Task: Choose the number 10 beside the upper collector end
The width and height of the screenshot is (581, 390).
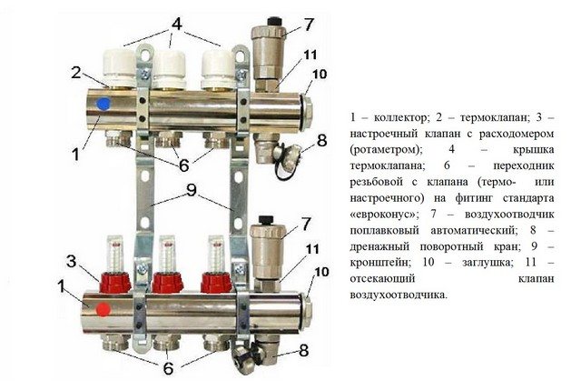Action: point(320,74)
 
